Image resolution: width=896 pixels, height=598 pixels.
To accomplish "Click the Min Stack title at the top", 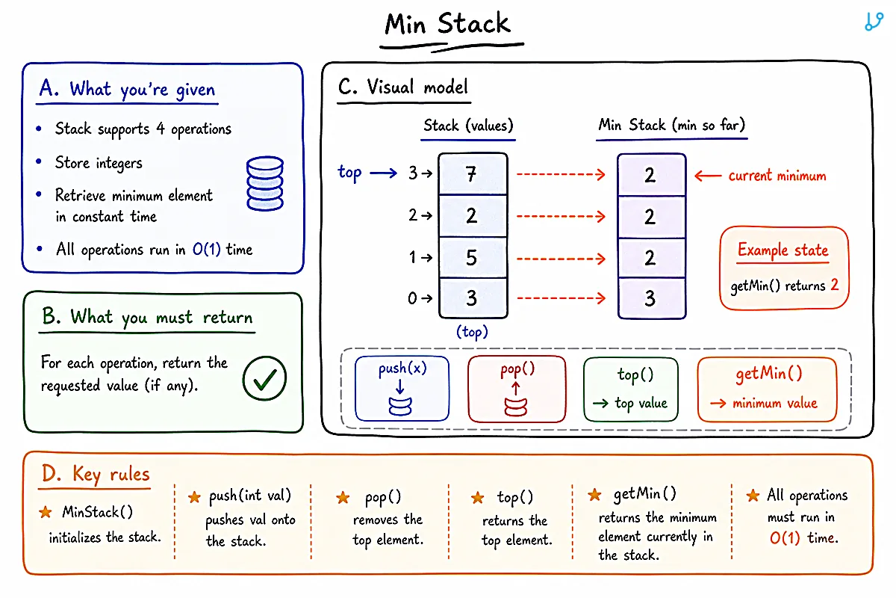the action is coord(447,24).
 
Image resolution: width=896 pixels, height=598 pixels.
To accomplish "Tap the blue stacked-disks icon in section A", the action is coord(265,183).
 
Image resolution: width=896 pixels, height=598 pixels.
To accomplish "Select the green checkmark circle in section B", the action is coord(264,378).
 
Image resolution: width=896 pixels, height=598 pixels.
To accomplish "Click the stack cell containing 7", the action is coord(473,174).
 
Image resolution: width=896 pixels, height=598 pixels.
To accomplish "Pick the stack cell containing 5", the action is coord(473,257).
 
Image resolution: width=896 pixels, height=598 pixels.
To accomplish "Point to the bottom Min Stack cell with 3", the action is coord(652,298).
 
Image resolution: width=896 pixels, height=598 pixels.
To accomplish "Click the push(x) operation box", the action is coord(402,388).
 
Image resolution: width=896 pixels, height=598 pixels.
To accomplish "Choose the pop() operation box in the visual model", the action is coord(517,389).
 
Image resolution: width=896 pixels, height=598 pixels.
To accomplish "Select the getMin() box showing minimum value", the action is coord(768,389).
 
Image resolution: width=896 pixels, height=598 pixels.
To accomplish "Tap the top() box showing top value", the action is coord(631,389).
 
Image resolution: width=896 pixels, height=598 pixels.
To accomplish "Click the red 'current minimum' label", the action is coord(777,176).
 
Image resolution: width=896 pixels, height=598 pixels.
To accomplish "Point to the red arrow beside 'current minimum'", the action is coord(708,176).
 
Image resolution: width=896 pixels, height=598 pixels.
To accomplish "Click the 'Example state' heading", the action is coord(783,250).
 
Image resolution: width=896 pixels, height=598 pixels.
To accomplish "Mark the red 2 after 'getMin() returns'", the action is coord(835,284).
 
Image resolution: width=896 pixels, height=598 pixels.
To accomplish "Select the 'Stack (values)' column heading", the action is coord(468,126).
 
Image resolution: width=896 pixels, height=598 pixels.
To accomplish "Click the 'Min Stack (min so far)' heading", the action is coord(671,125).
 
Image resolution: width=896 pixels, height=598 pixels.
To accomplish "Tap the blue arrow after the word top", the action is coord(383,173).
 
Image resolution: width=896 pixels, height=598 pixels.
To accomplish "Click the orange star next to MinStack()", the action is coord(46,512).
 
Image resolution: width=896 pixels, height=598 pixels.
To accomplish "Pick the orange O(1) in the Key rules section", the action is coord(785,538).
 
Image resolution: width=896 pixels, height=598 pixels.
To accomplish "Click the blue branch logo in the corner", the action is coord(874,22).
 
